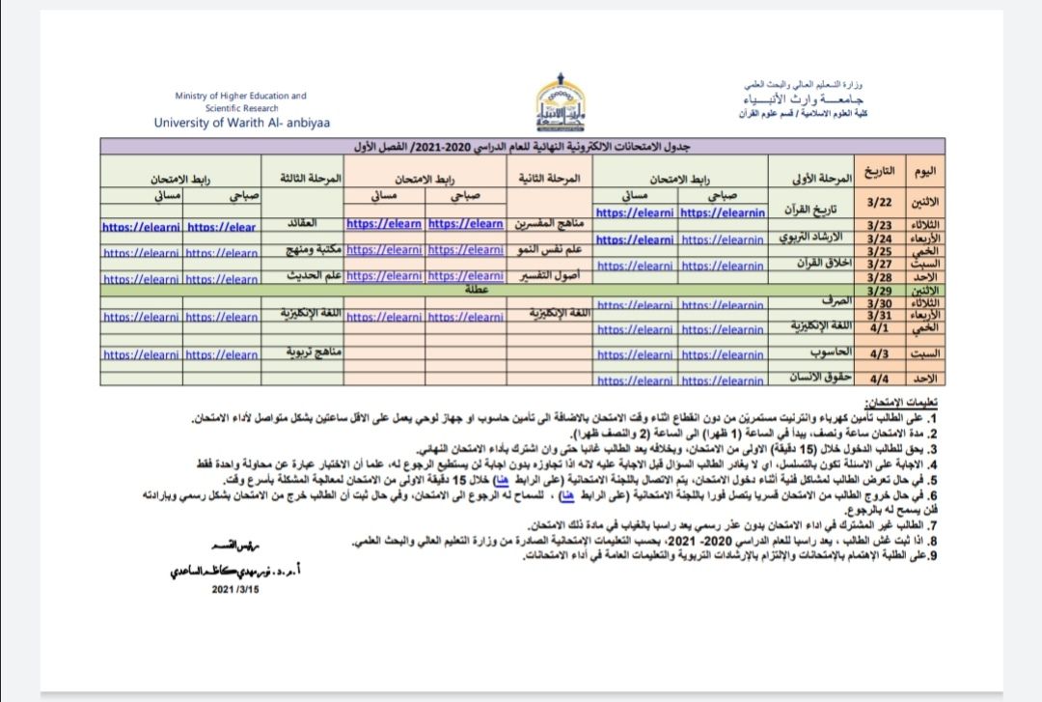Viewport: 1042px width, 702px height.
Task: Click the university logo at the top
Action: [x=561, y=108]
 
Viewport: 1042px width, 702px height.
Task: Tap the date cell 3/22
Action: [x=879, y=204]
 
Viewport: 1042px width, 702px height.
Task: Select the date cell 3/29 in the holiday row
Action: [x=879, y=290]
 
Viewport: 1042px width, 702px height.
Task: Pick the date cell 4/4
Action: [x=879, y=379]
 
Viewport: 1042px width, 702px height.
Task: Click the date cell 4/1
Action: [x=879, y=327]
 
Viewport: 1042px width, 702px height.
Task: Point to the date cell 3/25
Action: [x=879, y=251]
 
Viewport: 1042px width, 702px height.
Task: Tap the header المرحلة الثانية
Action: [x=548, y=180]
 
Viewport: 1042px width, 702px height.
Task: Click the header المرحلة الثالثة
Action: [x=310, y=180]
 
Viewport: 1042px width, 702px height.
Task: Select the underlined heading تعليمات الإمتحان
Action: [x=901, y=401]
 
